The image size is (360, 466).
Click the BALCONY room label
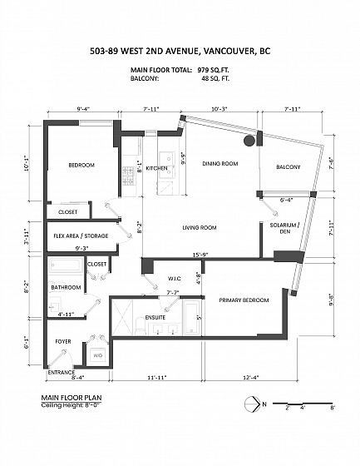click(x=288, y=167)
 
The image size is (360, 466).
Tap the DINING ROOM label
click(x=220, y=163)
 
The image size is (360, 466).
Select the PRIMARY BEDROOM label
click(x=244, y=300)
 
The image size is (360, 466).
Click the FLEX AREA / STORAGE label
click(x=81, y=235)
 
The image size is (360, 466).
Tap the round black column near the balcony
click(x=249, y=141)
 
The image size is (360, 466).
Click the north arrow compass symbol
click(x=252, y=404)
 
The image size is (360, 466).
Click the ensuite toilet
click(x=140, y=326)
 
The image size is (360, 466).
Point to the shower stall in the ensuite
click(x=122, y=317)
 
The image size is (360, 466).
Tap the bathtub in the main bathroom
click(x=67, y=265)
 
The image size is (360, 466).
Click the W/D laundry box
click(x=97, y=355)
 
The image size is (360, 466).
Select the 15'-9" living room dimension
click(x=200, y=255)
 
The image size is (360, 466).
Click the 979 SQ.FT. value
click(x=214, y=70)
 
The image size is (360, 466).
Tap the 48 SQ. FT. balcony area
click(x=215, y=78)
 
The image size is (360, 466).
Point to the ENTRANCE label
click(x=62, y=372)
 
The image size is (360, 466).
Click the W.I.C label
click(x=175, y=279)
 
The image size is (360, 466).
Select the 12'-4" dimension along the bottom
click(x=251, y=378)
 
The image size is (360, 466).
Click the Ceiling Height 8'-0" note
click(x=72, y=405)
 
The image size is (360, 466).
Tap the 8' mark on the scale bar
click(x=333, y=408)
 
